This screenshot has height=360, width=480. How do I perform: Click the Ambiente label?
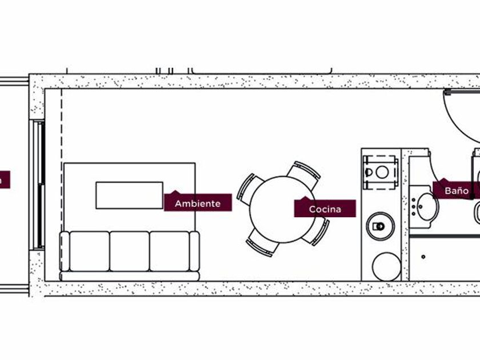[x=198, y=203]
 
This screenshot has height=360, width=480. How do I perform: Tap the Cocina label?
[x=325, y=209]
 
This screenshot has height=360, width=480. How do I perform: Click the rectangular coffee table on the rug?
[x=129, y=195]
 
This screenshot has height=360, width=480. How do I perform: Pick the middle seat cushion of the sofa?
[x=129, y=251]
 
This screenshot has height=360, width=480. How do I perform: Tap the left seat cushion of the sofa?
[x=89, y=251]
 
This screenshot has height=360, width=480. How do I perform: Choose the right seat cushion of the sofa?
[x=169, y=251]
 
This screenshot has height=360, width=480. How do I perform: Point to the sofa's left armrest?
[x=64, y=251]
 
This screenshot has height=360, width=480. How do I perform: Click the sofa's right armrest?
[x=195, y=251]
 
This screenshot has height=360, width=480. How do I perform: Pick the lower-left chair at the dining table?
[x=262, y=245]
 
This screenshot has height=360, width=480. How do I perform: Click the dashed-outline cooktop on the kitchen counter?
[x=381, y=171]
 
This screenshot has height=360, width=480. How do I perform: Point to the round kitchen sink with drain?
[x=380, y=226]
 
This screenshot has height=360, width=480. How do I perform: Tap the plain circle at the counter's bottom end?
[x=387, y=266]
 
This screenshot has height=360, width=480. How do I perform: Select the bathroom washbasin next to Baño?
[x=426, y=206]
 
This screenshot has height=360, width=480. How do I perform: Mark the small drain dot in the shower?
[x=423, y=257]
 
